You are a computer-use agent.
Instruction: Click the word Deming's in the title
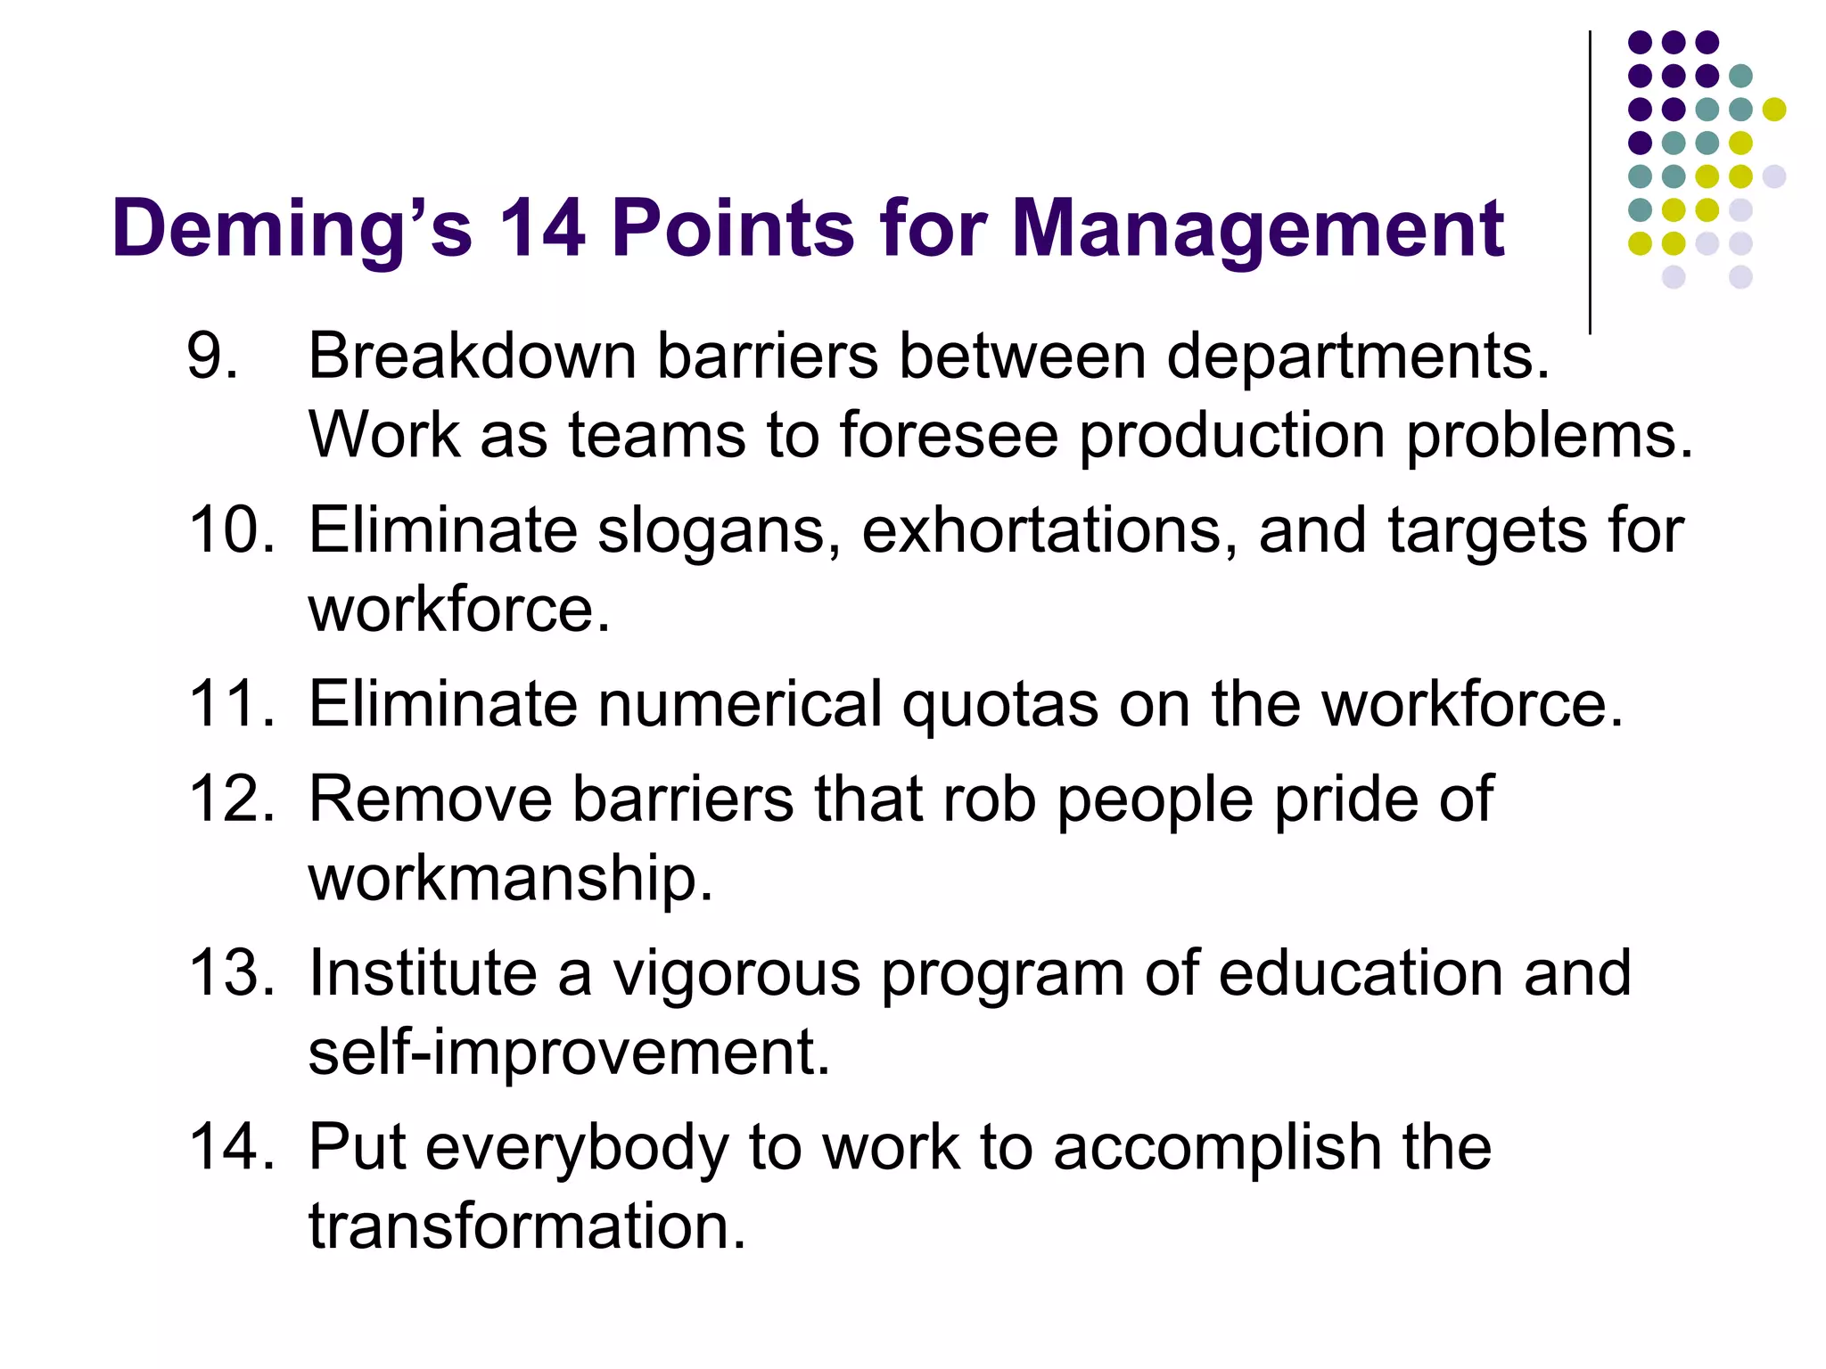coord(292,229)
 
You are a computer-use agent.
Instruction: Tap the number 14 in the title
coord(541,229)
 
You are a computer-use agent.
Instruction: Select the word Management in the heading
coord(1258,229)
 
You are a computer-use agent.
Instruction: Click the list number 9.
coord(211,356)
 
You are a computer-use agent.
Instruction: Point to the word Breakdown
coord(472,356)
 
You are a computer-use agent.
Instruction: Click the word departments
coord(1358,356)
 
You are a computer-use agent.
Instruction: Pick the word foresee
coord(948,435)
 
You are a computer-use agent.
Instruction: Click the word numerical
coord(739,704)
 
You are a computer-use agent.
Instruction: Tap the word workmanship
coord(510,879)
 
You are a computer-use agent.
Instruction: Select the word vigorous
coord(736,973)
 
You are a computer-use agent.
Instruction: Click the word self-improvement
coord(569,1053)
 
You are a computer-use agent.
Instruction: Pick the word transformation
coord(527,1226)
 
